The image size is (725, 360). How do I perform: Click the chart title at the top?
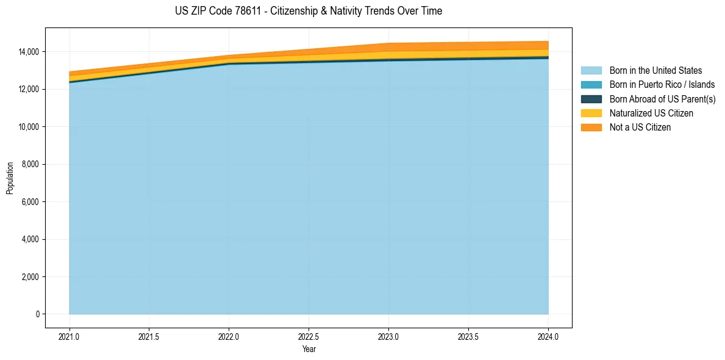[x=309, y=11]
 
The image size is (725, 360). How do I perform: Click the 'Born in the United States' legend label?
[x=655, y=71]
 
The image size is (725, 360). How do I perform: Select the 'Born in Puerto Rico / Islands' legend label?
[x=662, y=85]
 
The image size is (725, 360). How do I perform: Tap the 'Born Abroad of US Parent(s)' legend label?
[x=662, y=99]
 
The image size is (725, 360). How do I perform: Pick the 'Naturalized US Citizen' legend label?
[x=651, y=113]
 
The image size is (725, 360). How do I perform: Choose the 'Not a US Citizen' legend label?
[x=640, y=128]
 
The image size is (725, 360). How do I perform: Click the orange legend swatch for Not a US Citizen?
[x=591, y=128]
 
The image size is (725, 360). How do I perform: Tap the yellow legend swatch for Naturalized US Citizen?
[x=591, y=113]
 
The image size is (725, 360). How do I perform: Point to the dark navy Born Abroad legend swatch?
[x=591, y=99]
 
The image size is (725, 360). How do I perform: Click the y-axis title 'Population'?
[x=10, y=178]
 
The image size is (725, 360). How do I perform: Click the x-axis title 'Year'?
[x=309, y=349]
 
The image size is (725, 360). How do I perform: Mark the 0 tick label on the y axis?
[x=37, y=314]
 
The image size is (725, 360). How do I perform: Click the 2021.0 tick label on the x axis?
[x=70, y=336]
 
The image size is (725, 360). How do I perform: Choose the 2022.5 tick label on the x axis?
[x=309, y=336]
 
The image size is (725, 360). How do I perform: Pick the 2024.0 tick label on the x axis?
[x=548, y=336]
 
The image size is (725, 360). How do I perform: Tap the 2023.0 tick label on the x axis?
[x=388, y=336]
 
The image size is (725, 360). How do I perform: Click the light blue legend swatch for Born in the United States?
[x=591, y=71]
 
